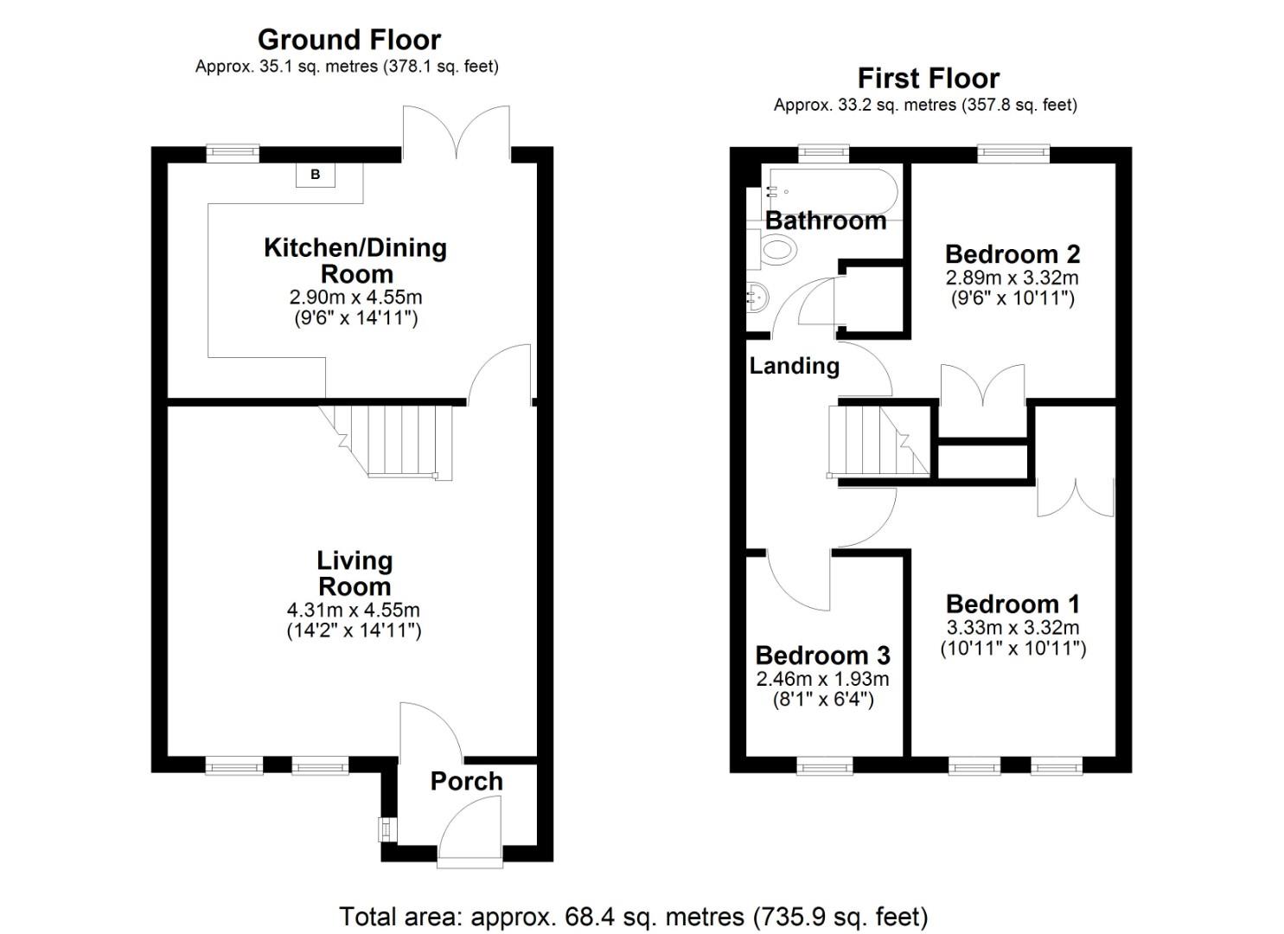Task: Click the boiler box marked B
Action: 316,175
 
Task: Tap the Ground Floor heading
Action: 349,40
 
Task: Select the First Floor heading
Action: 928,79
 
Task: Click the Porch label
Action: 466,781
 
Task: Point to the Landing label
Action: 794,366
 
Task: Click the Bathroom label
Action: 826,221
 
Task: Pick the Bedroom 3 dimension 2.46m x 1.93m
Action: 822,680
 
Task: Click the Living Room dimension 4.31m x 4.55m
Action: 354,611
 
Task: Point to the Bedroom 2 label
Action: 1012,254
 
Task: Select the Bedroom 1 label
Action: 1013,604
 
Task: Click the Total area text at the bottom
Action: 633,916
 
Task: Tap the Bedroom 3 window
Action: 823,765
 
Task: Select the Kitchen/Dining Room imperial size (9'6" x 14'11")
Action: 355,318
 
